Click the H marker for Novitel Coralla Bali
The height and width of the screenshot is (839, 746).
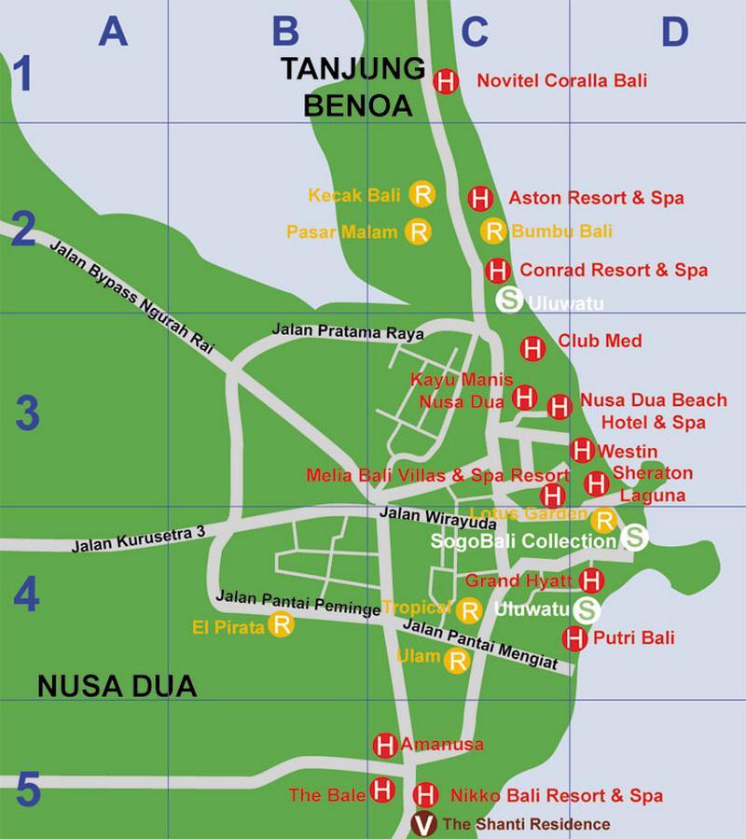[447, 81]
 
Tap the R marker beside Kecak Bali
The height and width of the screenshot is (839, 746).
[422, 194]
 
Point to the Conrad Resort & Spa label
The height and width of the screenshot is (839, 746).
[614, 271]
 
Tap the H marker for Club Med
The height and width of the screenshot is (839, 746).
[532, 349]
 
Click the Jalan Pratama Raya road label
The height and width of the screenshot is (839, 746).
[348, 331]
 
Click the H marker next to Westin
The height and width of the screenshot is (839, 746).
[582, 450]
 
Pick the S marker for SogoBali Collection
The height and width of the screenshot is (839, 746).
[634, 537]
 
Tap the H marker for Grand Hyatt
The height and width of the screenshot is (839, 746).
[590, 580]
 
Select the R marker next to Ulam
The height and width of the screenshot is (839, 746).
[457, 661]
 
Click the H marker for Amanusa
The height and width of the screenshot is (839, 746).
[384, 746]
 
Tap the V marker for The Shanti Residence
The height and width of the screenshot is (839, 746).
[424, 824]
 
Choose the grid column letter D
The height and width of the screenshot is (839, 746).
[674, 32]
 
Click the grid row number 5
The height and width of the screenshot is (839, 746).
[27, 791]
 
